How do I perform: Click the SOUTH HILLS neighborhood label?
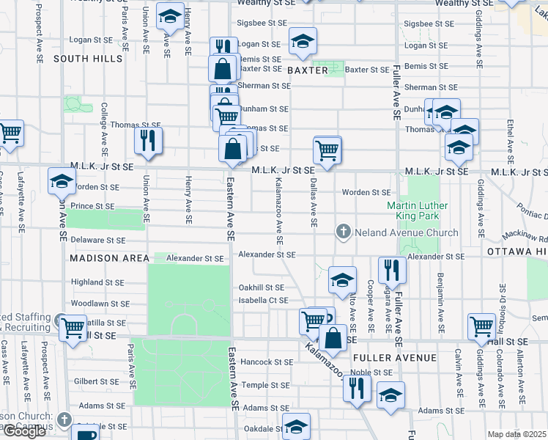coord(87,58)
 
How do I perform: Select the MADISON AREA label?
coord(109,258)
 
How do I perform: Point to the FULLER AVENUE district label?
coord(395,358)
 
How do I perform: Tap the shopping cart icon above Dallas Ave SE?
coord(327,150)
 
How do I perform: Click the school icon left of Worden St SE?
coord(62,180)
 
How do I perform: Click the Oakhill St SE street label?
coord(261,287)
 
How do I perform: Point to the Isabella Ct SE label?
coord(263,301)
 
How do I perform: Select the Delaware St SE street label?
coord(98,240)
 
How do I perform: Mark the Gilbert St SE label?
coord(96,381)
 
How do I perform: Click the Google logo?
coord(24,431)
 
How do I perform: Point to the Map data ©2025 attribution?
coord(516,434)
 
